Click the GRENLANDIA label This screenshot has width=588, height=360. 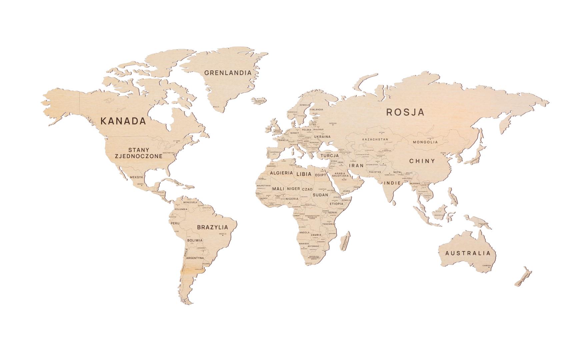tap(228, 73)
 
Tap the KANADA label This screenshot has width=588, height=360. tap(123, 121)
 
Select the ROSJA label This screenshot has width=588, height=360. tap(405, 112)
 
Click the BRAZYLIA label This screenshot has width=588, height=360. tap(213, 228)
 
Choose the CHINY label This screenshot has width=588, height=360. tap(422, 161)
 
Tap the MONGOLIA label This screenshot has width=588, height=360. tap(425, 142)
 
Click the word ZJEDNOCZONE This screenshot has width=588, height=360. tap(139, 156)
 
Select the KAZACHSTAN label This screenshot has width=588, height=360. tap(375, 139)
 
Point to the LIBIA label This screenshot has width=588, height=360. tap(304, 174)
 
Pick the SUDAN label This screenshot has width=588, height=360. tap(320, 195)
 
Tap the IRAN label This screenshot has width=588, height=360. tap(356, 166)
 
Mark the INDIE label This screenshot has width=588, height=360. tap(392, 183)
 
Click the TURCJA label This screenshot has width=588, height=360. tap(330, 156)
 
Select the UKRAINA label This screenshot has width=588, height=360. tap(322, 137)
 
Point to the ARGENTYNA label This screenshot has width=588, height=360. tap(195, 258)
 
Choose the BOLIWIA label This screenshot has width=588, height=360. tap(195, 240)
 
